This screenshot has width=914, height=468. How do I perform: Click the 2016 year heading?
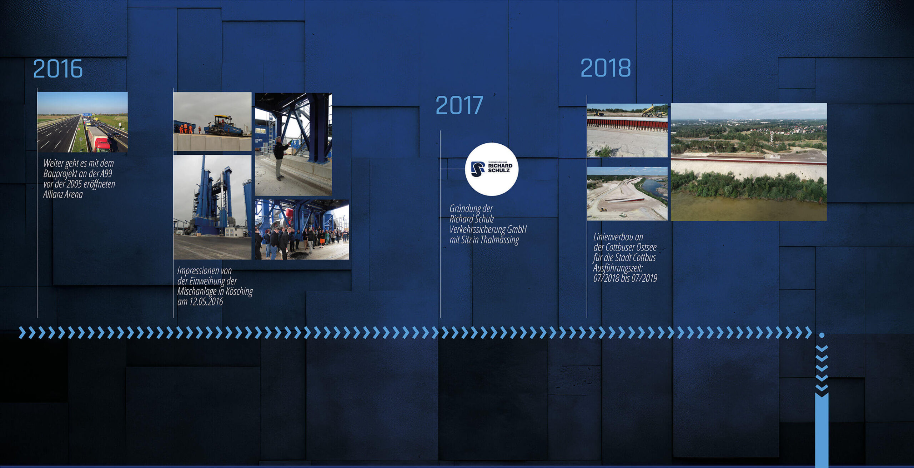point(58,69)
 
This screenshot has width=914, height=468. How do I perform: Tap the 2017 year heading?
point(459,105)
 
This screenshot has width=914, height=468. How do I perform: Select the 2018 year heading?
point(606,68)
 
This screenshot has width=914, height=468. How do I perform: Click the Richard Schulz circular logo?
point(492,169)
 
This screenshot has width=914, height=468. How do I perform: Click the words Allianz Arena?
point(63,195)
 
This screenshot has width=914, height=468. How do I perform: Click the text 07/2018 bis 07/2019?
point(625,278)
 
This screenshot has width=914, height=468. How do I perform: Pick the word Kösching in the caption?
point(239,292)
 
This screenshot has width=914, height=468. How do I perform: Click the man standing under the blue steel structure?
point(280,157)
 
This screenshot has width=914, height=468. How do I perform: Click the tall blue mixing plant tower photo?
point(212,207)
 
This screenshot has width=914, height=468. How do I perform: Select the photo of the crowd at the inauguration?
point(302,229)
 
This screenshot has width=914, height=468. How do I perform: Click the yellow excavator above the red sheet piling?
point(654,111)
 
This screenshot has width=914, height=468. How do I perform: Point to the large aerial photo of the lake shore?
point(749,162)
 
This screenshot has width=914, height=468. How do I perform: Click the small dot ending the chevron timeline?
point(822,335)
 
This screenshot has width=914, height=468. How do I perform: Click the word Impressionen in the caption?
point(204,271)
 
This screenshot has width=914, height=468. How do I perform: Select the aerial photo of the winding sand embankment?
point(627,194)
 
